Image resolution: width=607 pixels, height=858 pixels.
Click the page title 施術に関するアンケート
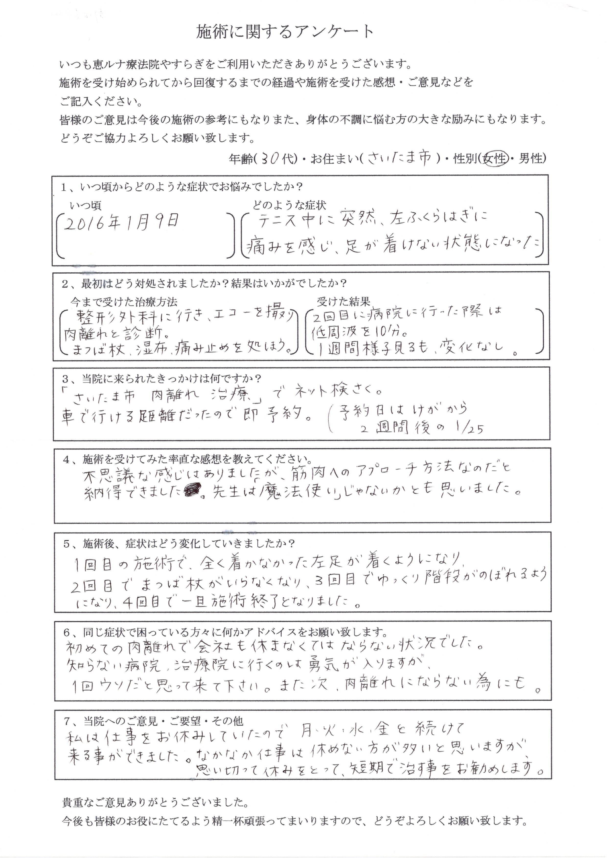285,32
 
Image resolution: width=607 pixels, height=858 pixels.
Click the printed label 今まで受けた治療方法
124,302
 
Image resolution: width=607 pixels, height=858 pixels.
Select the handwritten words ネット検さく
333,392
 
